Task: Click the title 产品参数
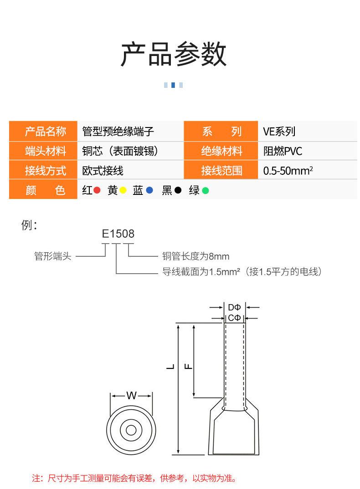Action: click(174, 54)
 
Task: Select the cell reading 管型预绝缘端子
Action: click(118, 132)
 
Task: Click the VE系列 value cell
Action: click(279, 132)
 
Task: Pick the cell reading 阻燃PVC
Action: click(283, 151)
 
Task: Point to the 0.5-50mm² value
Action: click(288, 171)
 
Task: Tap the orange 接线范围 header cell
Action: click(221, 171)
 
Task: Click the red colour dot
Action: click(97, 191)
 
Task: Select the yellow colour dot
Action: click(123, 191)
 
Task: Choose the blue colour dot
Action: click(149, 191)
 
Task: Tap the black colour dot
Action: click(178, 191)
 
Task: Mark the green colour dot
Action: click(205, 191)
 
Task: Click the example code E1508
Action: click(118, 234)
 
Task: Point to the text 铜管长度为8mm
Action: click(196, 256)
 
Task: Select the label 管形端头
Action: click(53, 256)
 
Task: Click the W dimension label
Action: click(131, 395)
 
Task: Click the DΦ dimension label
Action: click(234, 307)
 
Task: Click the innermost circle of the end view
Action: click(131, 430)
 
